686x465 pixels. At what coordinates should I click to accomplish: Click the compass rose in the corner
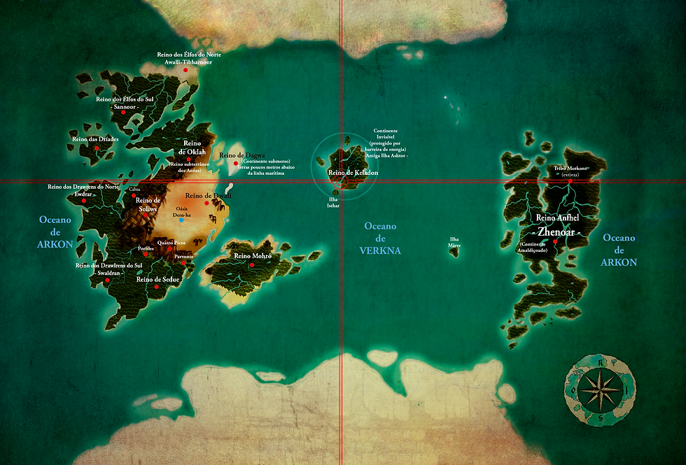598,389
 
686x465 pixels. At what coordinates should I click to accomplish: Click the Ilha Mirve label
455,242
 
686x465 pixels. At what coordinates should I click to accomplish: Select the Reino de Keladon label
353,172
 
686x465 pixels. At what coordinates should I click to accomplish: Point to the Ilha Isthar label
334,203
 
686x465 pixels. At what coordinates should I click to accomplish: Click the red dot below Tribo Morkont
570,181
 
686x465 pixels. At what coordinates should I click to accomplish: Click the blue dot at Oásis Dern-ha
181,220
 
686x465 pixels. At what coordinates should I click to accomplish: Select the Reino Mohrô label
252,256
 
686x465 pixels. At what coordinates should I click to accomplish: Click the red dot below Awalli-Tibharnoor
185,70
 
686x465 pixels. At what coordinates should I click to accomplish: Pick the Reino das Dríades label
94,139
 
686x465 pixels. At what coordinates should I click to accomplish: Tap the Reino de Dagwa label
241,155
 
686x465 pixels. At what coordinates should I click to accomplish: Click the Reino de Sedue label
158,279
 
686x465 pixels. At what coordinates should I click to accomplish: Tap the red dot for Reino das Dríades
97,148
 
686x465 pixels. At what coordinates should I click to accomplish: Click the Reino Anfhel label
557,217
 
